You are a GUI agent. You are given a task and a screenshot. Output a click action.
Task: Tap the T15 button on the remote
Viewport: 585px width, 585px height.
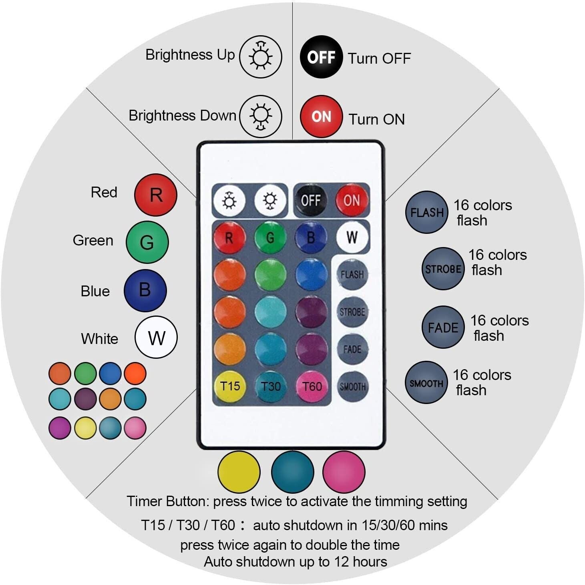(x=229, y=386)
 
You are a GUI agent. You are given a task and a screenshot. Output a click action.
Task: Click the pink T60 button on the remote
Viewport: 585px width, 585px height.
(x=312, y=386)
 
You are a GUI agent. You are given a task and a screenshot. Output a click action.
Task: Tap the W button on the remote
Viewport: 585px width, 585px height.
(x=352, y=237)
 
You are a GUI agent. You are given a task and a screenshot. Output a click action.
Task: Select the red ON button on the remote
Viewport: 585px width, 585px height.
(x=352, y=200)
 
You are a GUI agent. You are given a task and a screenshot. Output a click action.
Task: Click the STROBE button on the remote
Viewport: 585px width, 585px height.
(x=352, y=312)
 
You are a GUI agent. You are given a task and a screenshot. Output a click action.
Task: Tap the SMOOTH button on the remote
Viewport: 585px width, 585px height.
(x=352, y=386)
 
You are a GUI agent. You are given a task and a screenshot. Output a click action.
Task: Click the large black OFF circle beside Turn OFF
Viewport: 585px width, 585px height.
(x=321, y=57)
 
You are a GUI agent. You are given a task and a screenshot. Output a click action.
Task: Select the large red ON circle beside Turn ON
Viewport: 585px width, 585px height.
(x=321, y=117)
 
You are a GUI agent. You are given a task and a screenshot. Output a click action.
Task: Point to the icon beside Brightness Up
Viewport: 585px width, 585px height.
(x=261, y=57)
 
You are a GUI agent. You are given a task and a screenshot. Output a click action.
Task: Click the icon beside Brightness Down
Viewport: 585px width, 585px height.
(x=261, y=117)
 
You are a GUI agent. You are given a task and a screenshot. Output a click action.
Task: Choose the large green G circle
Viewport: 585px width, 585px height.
(x=147, y=242)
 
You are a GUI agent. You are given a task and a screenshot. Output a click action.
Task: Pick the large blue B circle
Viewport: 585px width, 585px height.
(x=145, y=290)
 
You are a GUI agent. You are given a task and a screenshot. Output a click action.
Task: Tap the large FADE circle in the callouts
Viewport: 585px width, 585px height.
(x=443, y=327)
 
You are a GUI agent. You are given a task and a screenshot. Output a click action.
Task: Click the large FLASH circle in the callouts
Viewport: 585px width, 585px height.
(x=426, y=212)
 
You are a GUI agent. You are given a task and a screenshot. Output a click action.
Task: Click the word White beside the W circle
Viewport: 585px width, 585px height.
(x=100, y=338)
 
